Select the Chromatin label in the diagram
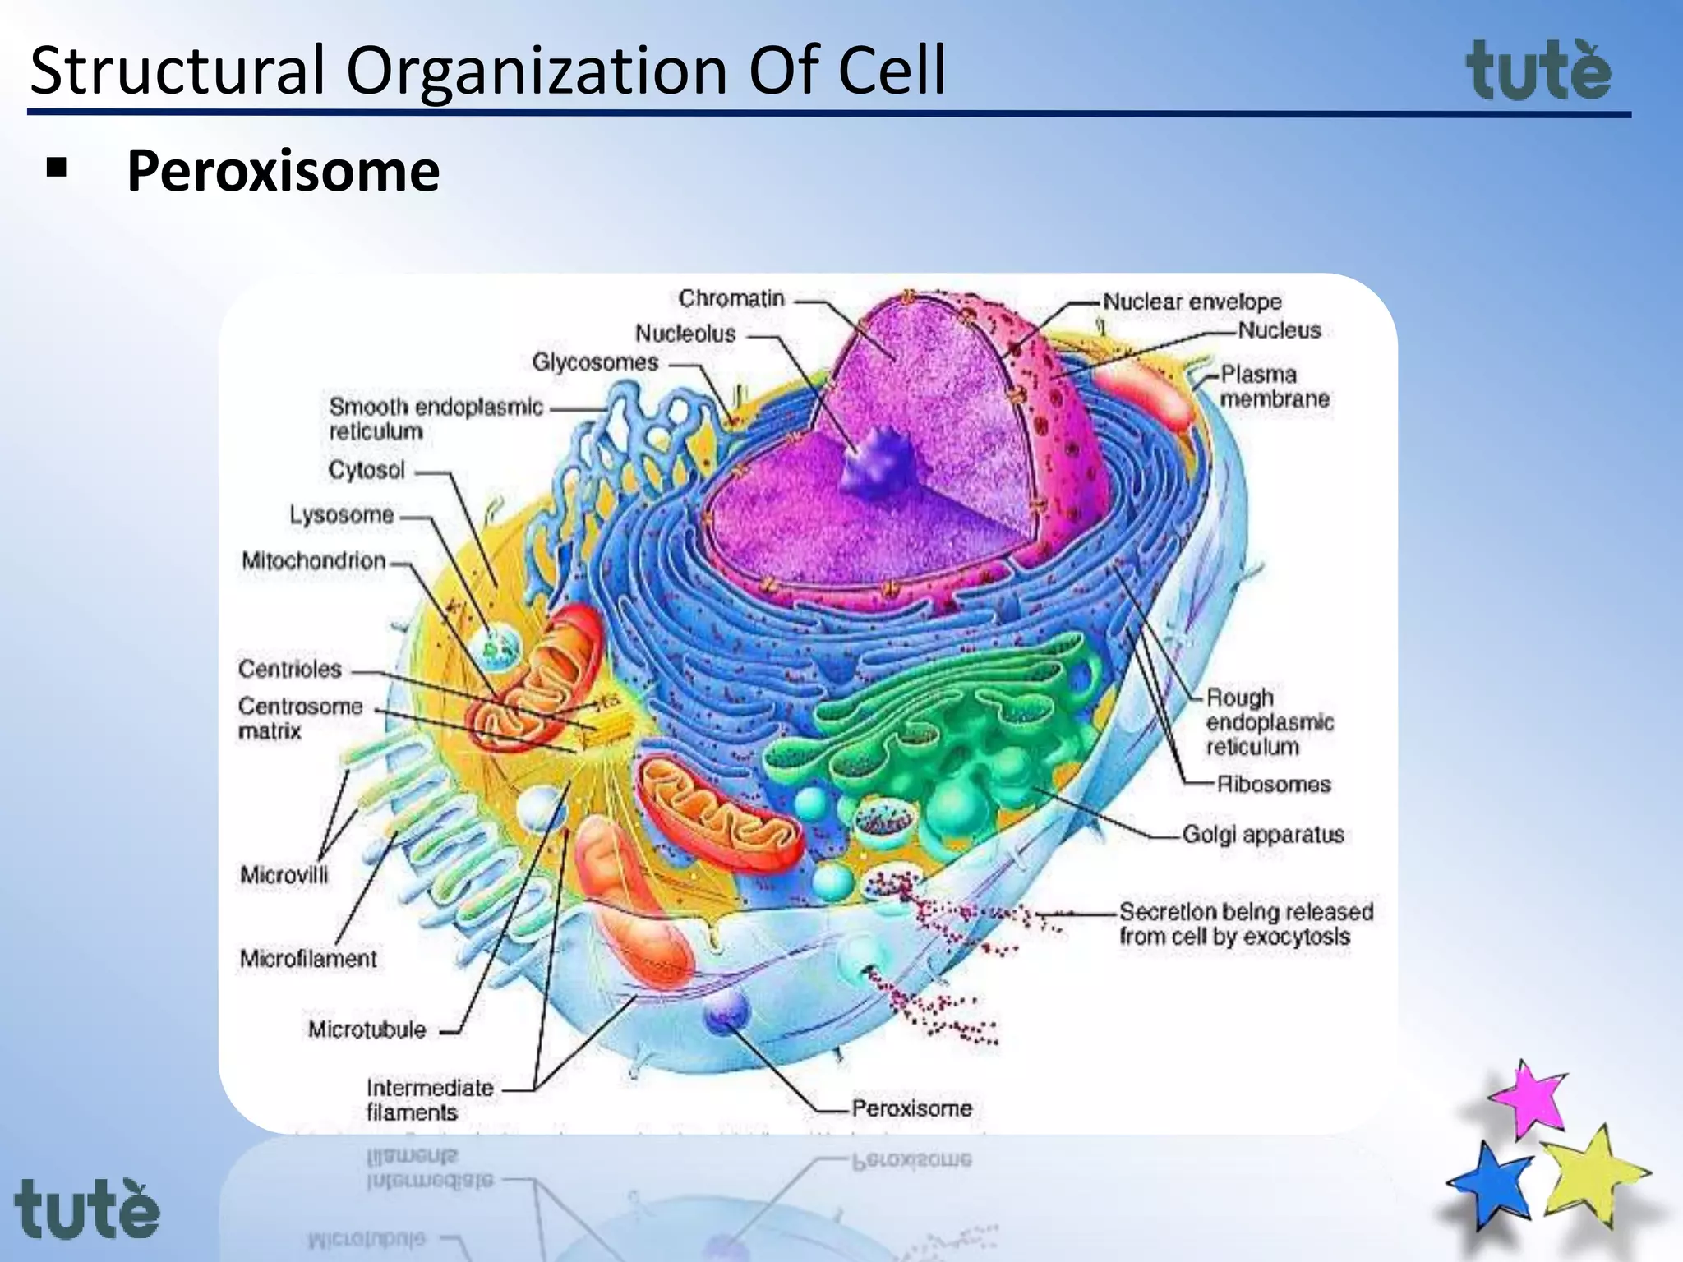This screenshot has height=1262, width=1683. (731, 298)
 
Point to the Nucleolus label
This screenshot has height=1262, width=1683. (685, 334)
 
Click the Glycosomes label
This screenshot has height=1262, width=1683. (595, 362)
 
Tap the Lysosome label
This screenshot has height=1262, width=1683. (341, 515)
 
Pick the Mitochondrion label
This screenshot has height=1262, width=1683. (313, 560)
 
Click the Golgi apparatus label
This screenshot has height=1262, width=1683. (1262, 835)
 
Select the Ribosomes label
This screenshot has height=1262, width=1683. (1273, 784)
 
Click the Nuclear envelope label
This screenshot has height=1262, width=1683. (1192, 302)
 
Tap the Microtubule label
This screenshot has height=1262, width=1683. (367, 1029)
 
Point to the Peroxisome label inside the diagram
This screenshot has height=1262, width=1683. (911, 1108)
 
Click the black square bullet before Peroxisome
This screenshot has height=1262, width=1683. (57, 168)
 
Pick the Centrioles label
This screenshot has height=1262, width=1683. (289, 669)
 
